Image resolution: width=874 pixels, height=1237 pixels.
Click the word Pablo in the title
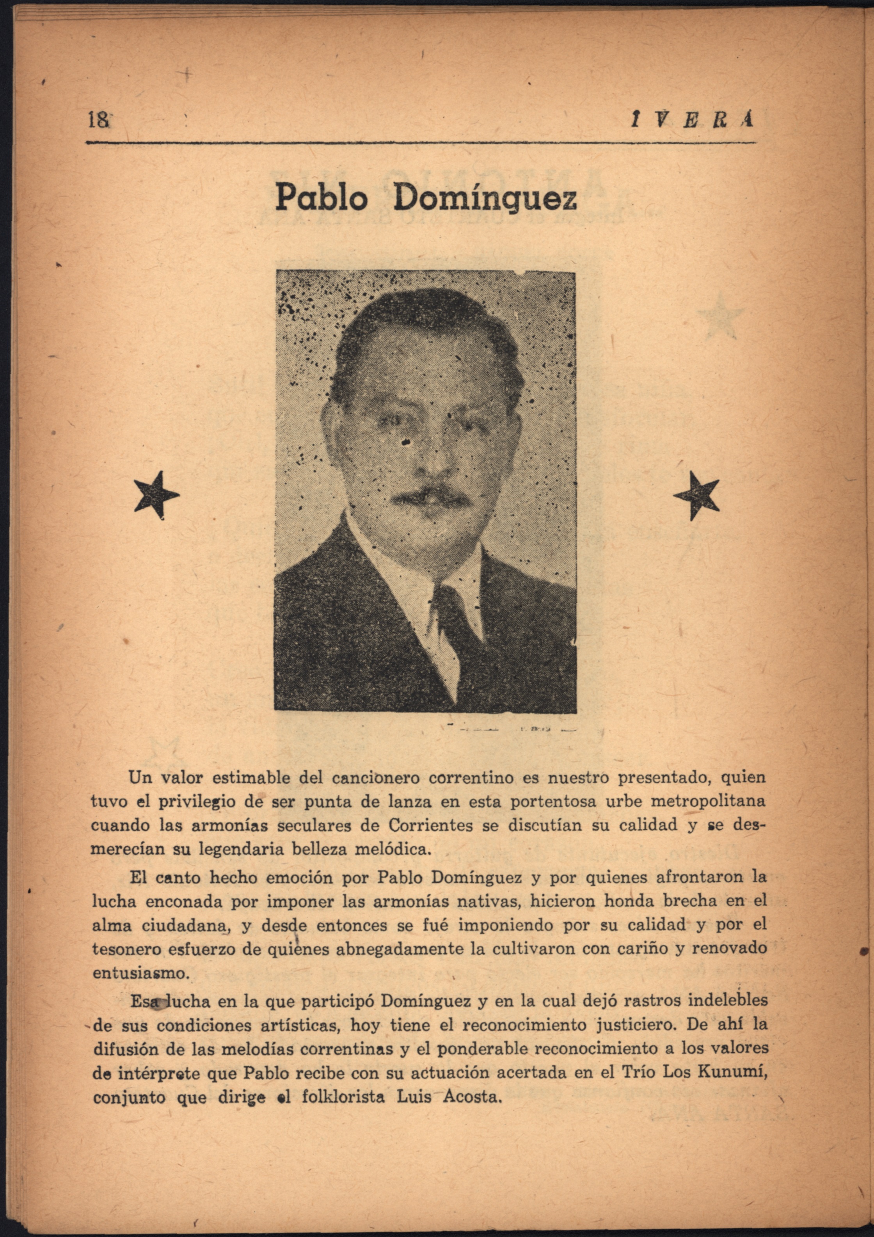[322, 198]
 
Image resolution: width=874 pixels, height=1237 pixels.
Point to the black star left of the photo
[156, 494]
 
